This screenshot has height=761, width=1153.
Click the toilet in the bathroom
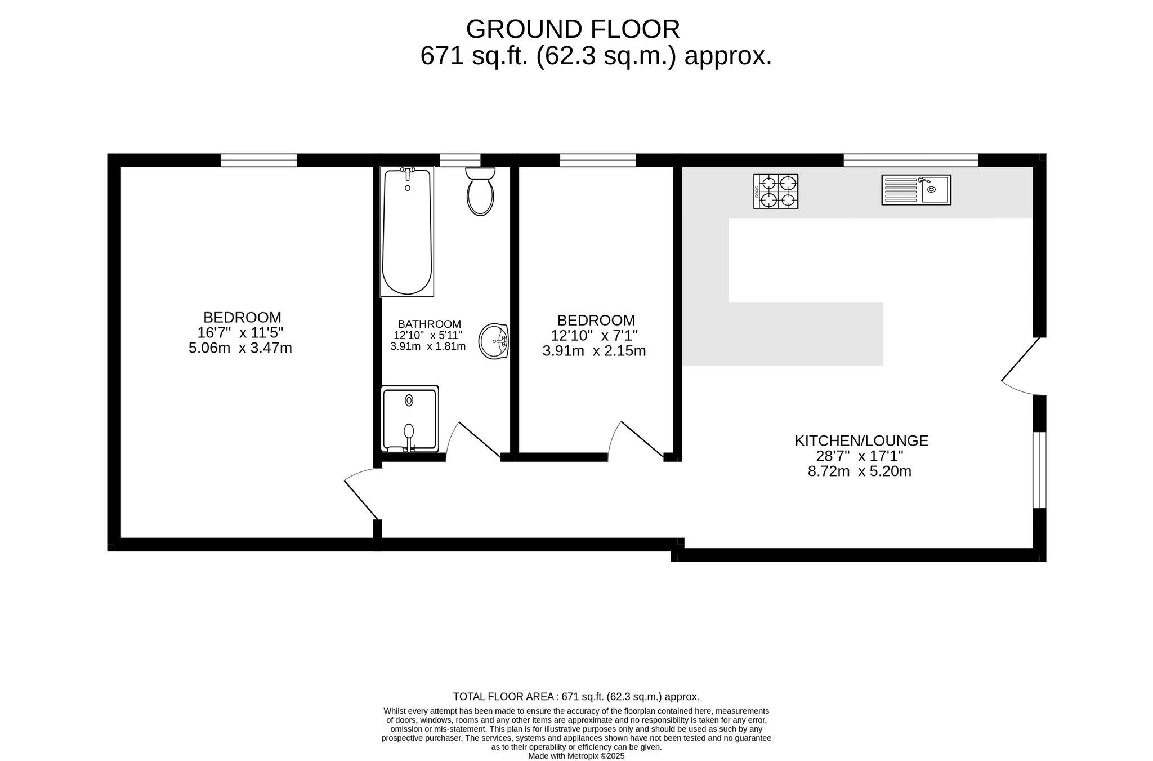pos(480,191)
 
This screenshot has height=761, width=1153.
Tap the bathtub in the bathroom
pos(407,231)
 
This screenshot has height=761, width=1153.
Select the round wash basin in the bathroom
pos(494,341)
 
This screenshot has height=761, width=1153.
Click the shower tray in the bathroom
pos(410,419)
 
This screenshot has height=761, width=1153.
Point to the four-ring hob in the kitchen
pos(776,192)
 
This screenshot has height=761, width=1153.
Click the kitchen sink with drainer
pos(916,190)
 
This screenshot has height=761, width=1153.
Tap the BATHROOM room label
pos(430,324)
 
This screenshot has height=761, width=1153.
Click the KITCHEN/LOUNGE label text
pos(861,440)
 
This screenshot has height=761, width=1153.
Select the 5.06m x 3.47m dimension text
pos(240,348)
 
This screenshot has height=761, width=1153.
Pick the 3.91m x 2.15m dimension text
pos(594,351)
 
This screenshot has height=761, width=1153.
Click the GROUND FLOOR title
pos(573,29)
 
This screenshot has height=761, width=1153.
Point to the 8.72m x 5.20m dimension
pos(860,471)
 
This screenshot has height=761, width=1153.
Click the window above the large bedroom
pos(258,160)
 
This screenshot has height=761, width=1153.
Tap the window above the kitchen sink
pos(911,160)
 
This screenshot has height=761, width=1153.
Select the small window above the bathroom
pos(460,160)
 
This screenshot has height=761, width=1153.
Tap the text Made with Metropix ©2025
pos(576,756)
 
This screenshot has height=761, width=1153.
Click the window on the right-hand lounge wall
pos(1039,470)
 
